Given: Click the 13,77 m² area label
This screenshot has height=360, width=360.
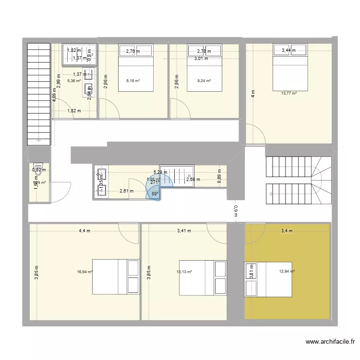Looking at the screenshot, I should (289, 94).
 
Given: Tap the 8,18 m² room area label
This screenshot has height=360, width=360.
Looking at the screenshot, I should (133, 81).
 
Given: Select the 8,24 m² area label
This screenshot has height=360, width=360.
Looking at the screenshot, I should (204, 81).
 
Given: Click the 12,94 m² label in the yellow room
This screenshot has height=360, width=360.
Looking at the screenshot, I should (287, 271).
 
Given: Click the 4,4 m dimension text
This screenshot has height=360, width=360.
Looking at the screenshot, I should (84, 231).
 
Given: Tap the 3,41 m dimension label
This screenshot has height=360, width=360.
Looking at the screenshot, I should (184, 231).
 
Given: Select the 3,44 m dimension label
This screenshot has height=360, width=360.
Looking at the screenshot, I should (289, 50).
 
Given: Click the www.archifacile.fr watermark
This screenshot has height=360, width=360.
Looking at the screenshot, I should (330, 342).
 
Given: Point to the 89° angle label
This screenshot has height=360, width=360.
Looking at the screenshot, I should (155, 194).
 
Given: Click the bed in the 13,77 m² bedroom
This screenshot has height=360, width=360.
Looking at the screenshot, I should (289, 67).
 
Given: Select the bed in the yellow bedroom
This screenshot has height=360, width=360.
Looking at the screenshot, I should (268, 279).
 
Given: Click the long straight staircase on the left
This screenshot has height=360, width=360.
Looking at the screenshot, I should (39, 94).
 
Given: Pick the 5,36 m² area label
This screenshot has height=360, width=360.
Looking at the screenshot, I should (74, 81).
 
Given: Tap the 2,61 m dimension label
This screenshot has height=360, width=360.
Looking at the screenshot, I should (127, 191).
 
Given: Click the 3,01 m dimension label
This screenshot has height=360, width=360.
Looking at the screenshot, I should (201, 59).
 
